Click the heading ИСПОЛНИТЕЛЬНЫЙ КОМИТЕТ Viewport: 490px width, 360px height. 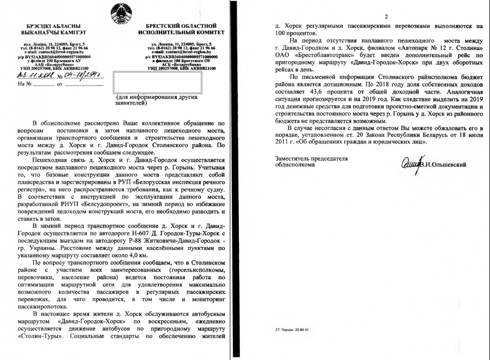click(x=181, y=33)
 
